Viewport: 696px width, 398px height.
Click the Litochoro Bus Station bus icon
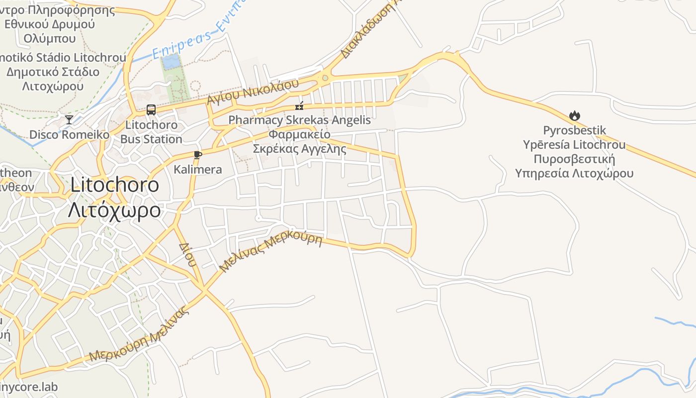pos(151,110)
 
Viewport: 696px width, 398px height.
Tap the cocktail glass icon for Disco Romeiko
pos(69,119)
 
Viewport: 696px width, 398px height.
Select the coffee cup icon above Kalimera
pos(198,155)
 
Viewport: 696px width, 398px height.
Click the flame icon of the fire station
pos(575,116)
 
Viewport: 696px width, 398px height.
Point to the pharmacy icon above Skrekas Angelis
pos(299,105)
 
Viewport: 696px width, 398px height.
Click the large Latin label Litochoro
pos(115,185)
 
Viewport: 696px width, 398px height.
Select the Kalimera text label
pos(198,170)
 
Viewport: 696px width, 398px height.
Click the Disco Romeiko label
pos(69,135)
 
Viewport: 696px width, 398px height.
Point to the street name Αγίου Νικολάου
pos(253,91)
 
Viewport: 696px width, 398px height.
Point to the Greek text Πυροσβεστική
pos(574,159)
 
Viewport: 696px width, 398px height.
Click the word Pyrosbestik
pos(574,131)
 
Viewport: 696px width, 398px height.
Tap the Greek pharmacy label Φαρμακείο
pos(299,134)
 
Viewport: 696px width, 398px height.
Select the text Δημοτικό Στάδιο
pos(53,72)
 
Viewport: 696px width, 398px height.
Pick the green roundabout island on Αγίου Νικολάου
pos(325,78)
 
